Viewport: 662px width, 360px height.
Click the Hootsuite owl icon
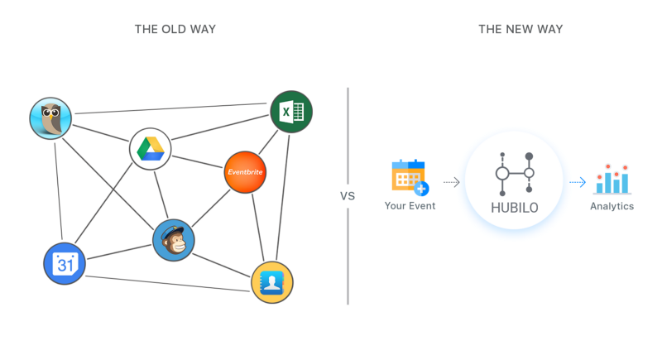click(x=50, y=119)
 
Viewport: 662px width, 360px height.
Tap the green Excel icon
click(x=291, y=111)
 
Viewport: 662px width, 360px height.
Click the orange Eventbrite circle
click(x=245, y=172)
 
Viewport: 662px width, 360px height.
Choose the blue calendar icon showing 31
click(x=64, y=264)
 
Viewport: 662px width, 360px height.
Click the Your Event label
click(x=410, y=205)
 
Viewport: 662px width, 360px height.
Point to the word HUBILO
click(x=514, y=209)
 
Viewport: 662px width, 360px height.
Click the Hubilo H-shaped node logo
click(x=514, y=173)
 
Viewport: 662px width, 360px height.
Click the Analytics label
click(x=612, y=206)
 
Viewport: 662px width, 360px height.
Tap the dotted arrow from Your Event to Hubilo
click(x=451, y=180)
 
